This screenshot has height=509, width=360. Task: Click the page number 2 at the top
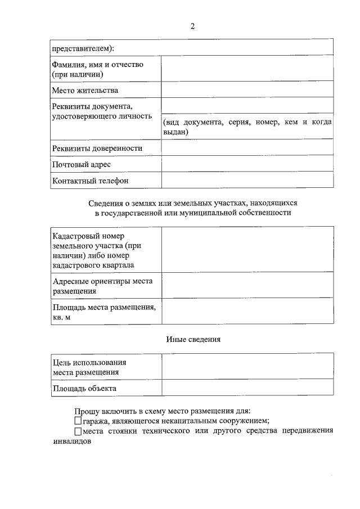click(x=192, y=26)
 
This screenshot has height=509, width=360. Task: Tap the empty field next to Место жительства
click(x=247, y=90)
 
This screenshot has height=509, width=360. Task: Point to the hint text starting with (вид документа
click(x=247, y=127)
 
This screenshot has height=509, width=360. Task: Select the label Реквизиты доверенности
click(x=97, y=148)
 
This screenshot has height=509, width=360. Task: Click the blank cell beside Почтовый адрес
click(x=247, y=164)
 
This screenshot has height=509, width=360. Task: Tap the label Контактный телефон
click(x=90, y=181)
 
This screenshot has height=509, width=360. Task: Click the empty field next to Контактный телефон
click(x=247, y=181)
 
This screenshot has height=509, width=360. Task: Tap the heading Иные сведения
click(x=193, y=339)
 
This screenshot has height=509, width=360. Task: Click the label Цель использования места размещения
click(x=89, y=367)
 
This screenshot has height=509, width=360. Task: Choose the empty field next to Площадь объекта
click(x=247, y=388)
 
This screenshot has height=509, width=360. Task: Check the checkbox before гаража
click(x=78, y=421)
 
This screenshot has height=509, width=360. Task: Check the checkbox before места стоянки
click(x=78, y=431)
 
